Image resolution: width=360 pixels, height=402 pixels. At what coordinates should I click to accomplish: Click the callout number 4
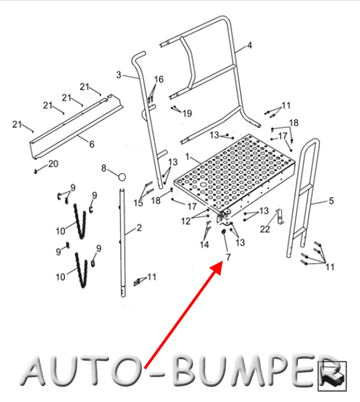(x=250, y=46)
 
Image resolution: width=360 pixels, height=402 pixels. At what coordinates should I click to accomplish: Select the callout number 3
(x=119, y=75)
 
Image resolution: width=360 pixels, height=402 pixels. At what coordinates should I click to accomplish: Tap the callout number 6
(x=92, y=144)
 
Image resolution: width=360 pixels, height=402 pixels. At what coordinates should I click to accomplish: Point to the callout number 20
(x=53, y=163)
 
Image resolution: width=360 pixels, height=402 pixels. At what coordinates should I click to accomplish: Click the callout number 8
(x=103, y=168)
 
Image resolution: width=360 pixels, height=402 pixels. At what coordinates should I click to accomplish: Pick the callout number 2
(x=139, y=228)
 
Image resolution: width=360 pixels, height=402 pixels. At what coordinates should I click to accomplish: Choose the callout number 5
(x=331, y=201)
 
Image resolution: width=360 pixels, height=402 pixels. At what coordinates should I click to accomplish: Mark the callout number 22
(x=265, y=229)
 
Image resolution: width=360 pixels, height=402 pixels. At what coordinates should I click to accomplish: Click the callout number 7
(x=228, y=257)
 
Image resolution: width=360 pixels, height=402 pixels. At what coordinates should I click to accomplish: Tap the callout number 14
(x=204, y=245)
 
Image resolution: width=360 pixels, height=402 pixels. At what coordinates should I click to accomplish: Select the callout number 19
(x=187, y=113)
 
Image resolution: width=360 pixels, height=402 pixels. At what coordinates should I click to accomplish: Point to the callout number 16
(x=159, y=79)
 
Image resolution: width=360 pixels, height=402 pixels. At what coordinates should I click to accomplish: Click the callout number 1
(x=188, y=157)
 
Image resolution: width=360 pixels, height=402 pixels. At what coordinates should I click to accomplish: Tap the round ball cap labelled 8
(x=122, y=177)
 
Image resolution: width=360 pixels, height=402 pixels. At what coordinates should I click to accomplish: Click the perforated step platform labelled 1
(x=234, y=174)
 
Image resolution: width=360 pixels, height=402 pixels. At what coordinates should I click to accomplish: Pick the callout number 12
(x=186, y=221)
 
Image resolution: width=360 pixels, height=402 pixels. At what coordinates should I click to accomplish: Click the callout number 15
(x=138, y=203)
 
